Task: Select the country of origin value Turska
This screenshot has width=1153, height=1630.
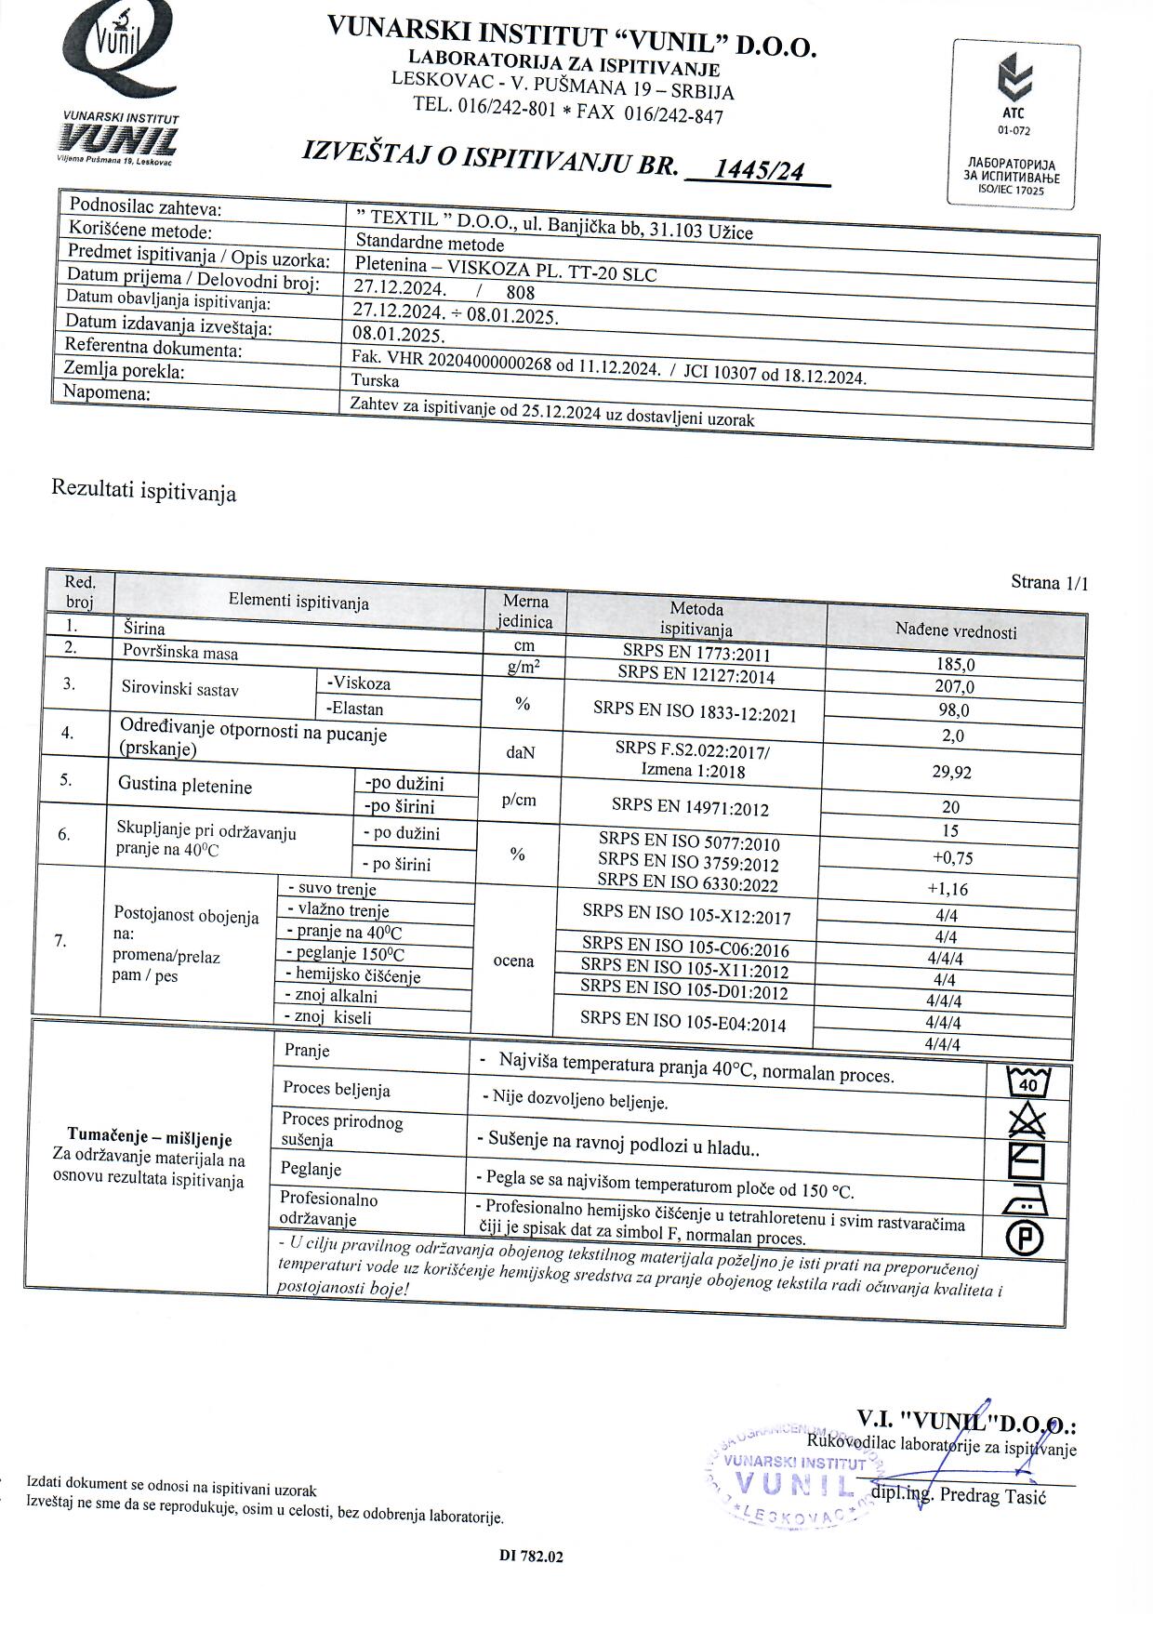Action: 376,380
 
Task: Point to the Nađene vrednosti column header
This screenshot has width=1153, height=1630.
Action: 956,631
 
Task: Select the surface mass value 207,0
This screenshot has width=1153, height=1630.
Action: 954,687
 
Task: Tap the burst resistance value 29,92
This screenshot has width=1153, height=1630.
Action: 951,772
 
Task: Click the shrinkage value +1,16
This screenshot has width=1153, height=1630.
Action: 947,889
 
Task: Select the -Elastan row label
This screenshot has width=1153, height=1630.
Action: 355,709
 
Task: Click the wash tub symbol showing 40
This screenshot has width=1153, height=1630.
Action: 1027,1082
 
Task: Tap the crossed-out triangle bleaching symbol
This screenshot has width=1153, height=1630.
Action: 1027,1121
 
